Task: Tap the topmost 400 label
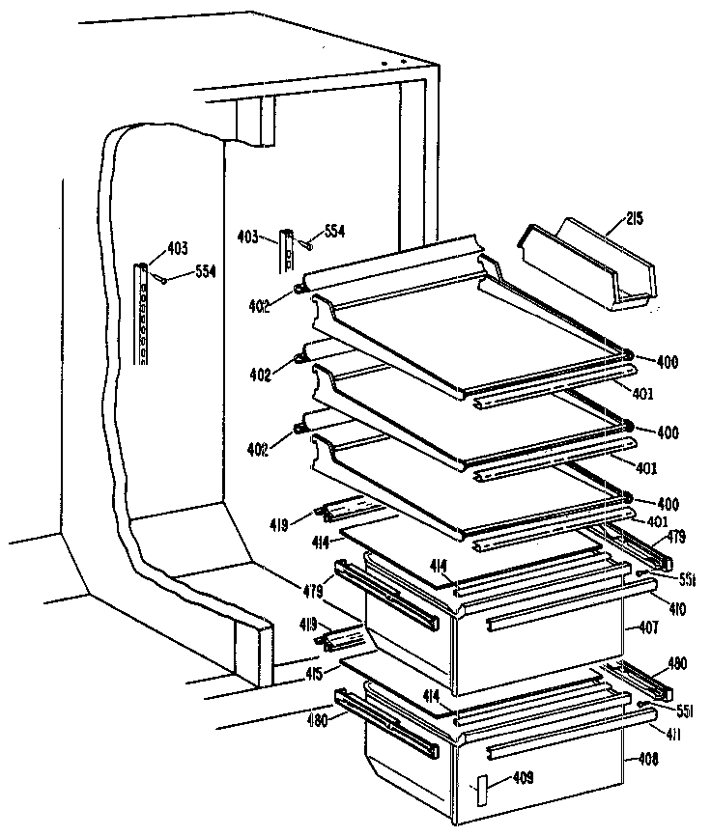(x=667, y=362)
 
